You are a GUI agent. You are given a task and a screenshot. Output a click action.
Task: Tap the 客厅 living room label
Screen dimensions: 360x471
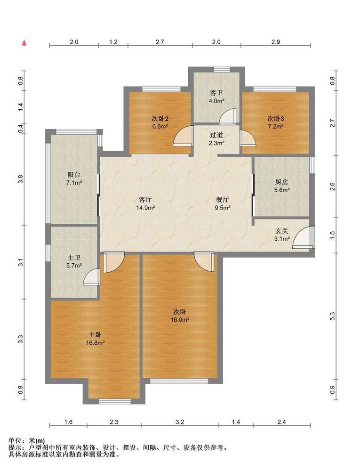[x=145, y=199]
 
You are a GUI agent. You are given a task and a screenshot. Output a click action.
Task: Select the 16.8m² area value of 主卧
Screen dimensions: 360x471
[x=96, y=343]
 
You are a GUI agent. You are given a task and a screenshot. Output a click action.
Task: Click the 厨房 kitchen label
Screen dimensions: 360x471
[x=282, y=182]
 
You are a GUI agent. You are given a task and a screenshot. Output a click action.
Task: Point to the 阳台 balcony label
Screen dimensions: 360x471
[x=74, y=175]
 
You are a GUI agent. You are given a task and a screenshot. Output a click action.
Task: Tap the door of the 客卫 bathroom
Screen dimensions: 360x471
[x=228, y=116]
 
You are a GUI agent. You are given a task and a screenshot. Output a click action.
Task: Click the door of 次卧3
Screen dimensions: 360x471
[x=247, y=138]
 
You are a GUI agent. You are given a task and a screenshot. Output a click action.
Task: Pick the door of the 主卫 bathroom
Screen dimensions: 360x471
[x=91, y=276]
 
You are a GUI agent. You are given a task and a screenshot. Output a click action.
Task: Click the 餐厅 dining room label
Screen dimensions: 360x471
[x=223, y=199]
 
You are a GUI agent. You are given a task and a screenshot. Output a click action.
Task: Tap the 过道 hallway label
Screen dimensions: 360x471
[x=216, y=135]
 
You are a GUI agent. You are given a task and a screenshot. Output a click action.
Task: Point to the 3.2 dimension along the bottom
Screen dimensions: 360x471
[x=180, y=422]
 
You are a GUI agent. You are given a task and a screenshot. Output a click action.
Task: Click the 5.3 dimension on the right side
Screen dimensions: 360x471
[x=332, y=317]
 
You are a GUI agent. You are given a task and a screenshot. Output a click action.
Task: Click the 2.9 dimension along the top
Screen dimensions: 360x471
[x=275, y=42]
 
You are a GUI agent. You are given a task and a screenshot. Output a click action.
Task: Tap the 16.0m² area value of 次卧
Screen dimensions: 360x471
[x=180, y=320]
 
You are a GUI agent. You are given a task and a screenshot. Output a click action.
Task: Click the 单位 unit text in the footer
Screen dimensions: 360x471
[x=15, y=441]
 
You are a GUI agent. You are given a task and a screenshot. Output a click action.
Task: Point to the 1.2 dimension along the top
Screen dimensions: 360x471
[x=113, y=42]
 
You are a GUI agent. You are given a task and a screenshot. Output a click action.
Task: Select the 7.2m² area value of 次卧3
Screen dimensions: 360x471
[x=276, y=126]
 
